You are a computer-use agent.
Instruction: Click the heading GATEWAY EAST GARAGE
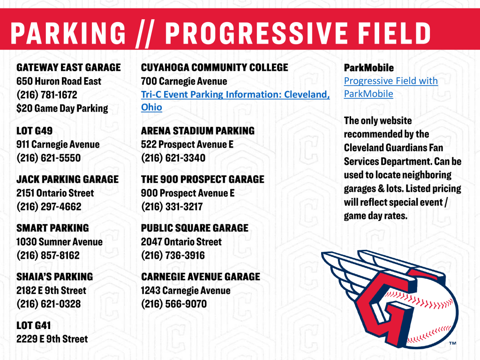pyautogui.click(x=68, y=67)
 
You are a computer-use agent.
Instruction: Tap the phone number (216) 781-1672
pyautogui.click(x=47, y=95)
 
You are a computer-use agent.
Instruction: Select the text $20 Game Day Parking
pyautogui.click(x=62, y=108)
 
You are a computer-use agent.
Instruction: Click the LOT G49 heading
pyautogui.click(x=35, y=131)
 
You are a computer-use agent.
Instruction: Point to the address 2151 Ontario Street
pyautogui.click(x=55, y=193)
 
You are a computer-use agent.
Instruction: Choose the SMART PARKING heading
pyautogui.click(x=52, y=228)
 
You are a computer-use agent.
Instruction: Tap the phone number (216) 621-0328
pyautogui.click(x=48, y=304)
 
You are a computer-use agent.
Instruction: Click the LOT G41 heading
pyautogui.click(x=34, y=325)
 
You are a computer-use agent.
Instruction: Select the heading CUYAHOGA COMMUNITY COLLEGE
pyautogui.click(x=215, y=67)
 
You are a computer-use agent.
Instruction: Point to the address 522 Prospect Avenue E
pyautogui.click(x=187, y=144)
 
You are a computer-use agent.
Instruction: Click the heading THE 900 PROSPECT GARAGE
pyautogui.click(x=202, y=180)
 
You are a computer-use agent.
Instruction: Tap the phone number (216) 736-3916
pyautogui.click(x=173, y=255)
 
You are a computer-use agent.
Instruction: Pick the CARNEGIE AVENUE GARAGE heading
pyautogui.click(x=201, y=277)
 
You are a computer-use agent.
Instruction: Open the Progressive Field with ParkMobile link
pyautogui.click(x=390, y=81)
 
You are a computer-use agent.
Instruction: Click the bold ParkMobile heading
pyautogui.click(x=369, y=68)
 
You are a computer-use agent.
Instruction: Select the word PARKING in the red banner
pyautogui.click(x=68, y=33)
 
